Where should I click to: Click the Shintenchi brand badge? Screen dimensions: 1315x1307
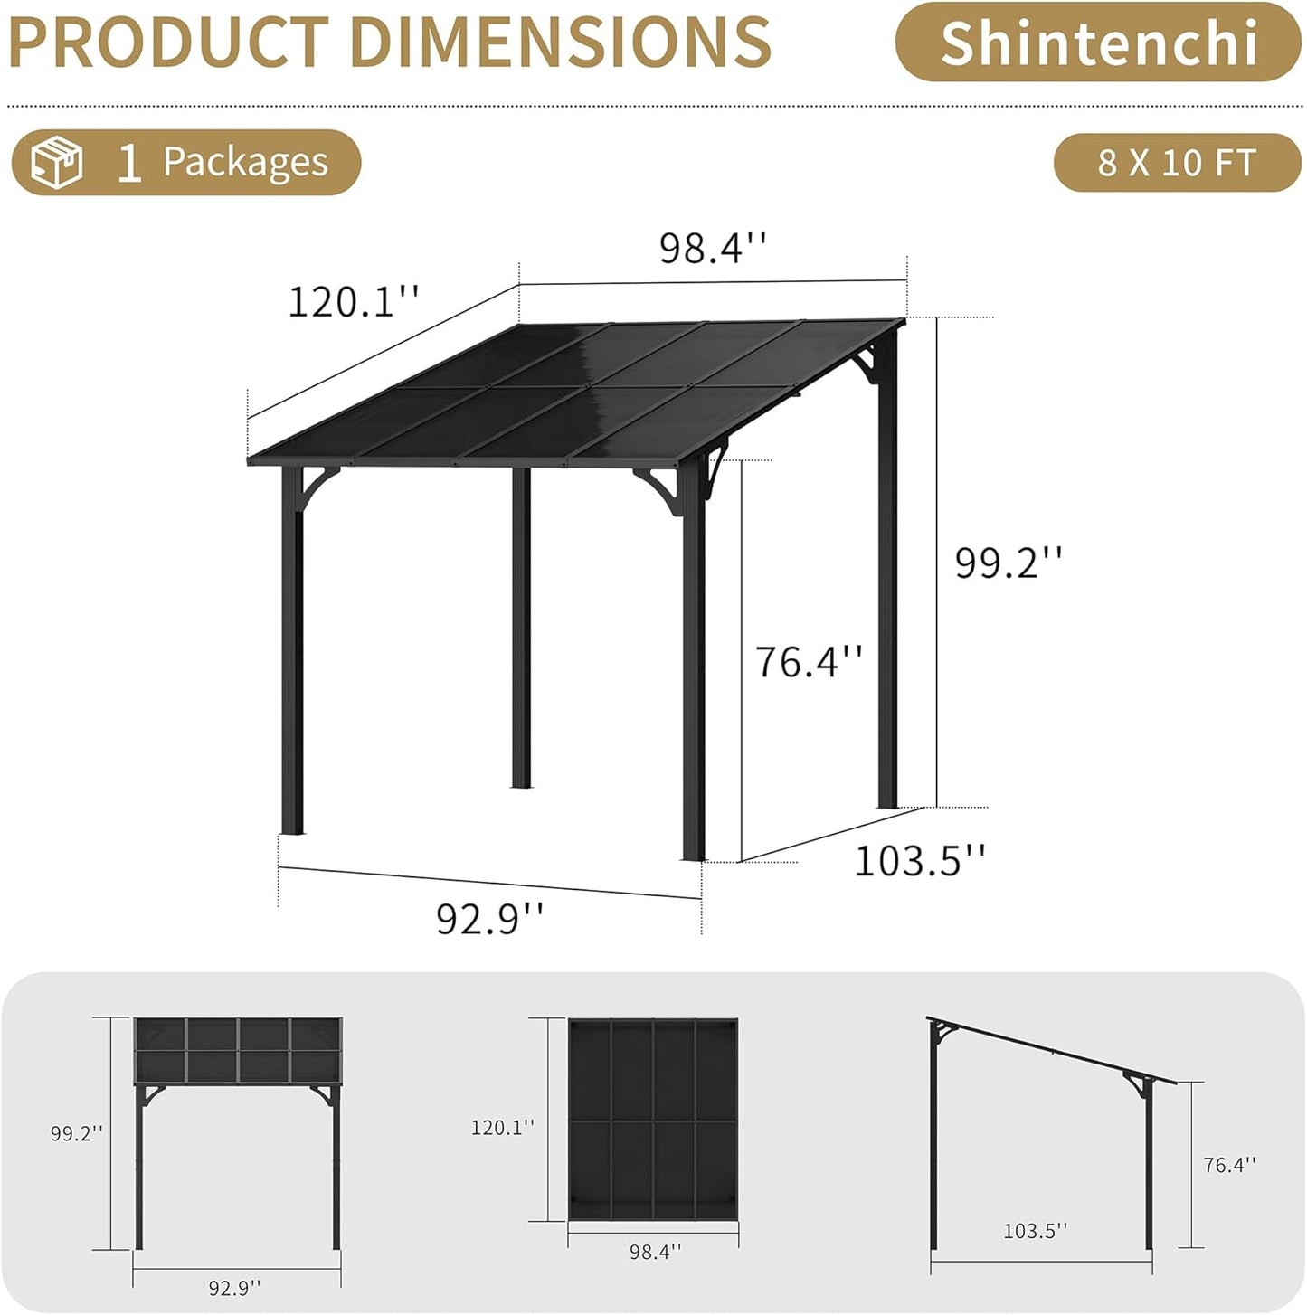[x=1098, y=43]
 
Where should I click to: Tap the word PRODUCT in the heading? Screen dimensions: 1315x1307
[x=168, y=42]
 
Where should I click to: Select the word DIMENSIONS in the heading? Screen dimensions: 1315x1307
[x=560, y=42]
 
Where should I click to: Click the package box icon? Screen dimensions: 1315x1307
[x=57, y=163]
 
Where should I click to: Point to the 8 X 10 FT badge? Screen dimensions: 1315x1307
[x=1177, y=163]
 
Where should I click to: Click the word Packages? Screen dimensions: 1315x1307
[x=245, y=163]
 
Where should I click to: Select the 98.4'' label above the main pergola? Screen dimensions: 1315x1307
[x=713, y=248]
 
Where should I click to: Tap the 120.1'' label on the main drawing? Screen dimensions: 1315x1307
[x=354, y=301]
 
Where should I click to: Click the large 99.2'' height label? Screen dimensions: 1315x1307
[x=1009, y=563]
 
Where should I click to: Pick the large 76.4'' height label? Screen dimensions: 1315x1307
[x=809, y=661]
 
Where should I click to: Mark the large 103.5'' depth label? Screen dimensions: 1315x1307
[x=920, y=860]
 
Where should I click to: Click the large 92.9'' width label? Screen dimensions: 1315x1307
[x=490, y=919]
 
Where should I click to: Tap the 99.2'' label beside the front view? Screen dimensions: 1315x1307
[x=77, y=1133]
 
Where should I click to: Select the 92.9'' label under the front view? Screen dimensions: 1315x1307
[x=235, y=1287]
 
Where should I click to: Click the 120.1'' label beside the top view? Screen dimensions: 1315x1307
[x=503, y=1127]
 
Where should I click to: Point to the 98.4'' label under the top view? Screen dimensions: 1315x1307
[x=656, y=1252]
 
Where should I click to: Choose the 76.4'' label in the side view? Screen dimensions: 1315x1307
[x=1230, y=1165]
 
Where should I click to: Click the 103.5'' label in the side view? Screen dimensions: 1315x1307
[x=1036, y=1230]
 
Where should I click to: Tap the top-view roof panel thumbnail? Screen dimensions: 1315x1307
[x=653, y=1120]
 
